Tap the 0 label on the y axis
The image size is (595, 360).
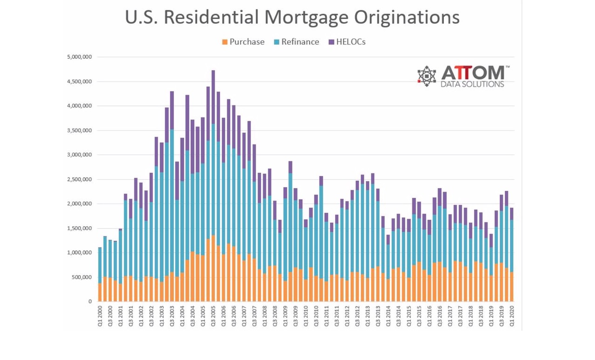90,301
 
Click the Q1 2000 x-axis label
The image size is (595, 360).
100,318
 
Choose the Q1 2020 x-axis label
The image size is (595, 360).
512,318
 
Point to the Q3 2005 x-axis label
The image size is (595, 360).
213,318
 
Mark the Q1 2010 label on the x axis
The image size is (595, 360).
306,318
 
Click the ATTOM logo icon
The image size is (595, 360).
426,76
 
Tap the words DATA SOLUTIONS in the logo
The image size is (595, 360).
472,84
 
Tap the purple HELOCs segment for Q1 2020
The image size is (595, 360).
512,214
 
